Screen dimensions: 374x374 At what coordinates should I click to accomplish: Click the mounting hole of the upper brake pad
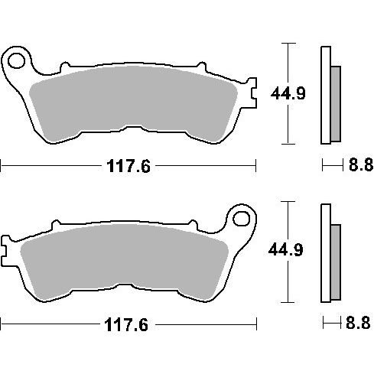pos(16,61)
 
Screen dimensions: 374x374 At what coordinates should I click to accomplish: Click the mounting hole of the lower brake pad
pos(242,219)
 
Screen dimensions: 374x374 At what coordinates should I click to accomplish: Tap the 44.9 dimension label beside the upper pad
pos(288,93)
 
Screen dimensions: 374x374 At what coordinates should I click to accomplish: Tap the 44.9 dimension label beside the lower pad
pos(285,249)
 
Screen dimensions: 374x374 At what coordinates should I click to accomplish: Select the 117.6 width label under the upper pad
pos(128,166)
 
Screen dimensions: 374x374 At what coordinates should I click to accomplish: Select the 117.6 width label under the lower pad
pos(126,325)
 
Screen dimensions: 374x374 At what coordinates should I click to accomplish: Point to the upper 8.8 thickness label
pos(360,164)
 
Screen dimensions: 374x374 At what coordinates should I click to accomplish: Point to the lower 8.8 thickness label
pos(358,323)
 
